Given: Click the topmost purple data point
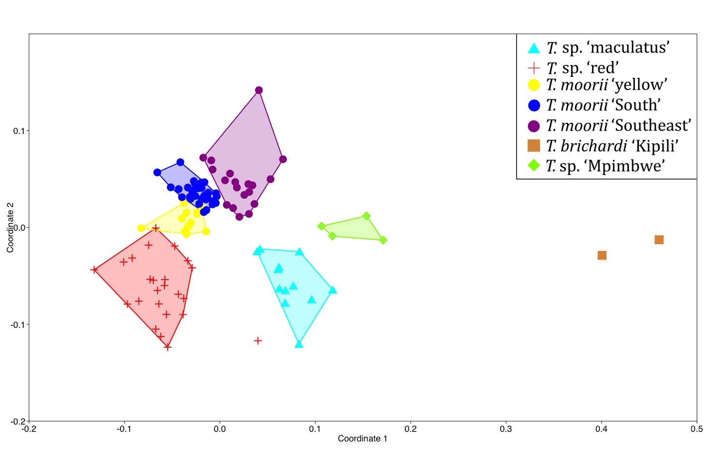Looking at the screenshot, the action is [x=259, y=90].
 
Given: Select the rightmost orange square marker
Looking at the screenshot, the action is [x=659, y=240].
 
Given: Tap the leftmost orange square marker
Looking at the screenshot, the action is [x=602, y=255].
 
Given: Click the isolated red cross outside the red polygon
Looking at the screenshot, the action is [x=258, y=340].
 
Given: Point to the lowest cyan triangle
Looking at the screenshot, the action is [x=299, y=344].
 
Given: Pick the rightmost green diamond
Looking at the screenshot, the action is [x=383, y=240].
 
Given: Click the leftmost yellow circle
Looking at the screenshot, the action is [x=141, y=228].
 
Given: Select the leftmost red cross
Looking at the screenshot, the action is [x=94, y=269].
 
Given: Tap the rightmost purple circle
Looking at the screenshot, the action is [x=282, y=159].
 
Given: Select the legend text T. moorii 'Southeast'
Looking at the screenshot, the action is [x=619, y=125].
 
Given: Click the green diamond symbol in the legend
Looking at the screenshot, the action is [x=534, y=165].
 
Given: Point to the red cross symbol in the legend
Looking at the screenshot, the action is [x=534, y=68].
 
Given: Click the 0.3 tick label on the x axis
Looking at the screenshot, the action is [x=506, y=429].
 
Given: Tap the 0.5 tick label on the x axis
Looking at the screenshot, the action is [x=697, y=429].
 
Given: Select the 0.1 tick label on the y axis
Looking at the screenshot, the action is [x=19, y=131].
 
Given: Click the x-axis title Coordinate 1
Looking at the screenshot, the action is [x=362, y=439].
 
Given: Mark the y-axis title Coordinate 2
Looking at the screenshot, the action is [x=10, y=227].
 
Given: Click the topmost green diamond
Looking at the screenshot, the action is [x=367, y=216].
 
